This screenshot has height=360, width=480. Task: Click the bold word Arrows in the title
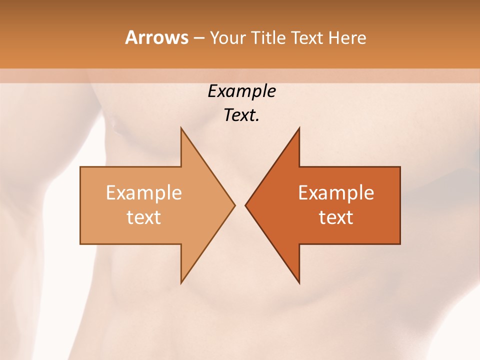[x=156, y=38]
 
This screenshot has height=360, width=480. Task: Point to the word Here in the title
[x=347, y=38]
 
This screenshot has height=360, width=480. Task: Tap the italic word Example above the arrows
[x=241, y=91]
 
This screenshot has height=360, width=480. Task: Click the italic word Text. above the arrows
[x=241, y=115]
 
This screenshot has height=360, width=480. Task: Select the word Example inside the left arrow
[x=143, y=193]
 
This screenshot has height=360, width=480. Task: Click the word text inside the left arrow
[x=143, y=217]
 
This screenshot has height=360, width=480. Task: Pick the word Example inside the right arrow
[x=336, y=193]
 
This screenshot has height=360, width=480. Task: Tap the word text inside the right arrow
[x=336, y=217]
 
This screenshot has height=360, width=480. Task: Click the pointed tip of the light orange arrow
[x=233, y=205]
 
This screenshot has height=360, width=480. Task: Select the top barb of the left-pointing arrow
[x=298, y=131]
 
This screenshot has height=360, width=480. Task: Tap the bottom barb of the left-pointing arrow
[x=298, y=280]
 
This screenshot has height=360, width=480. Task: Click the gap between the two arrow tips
[x=240, y=205]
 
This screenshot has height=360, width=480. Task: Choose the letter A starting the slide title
[x=131, y=38]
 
